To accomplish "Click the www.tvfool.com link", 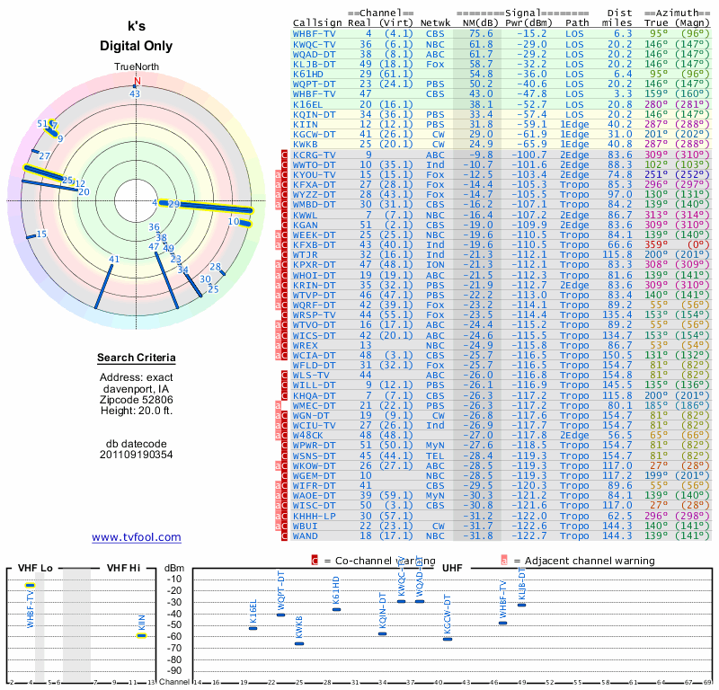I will pyautogui.click(x=137, y=537).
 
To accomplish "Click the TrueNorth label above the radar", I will pyautogui.click(x=137, y=67).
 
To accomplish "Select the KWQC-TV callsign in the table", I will pyautogui.click(x=315, y=44).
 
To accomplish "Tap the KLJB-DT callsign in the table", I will pyautogui.click(x=315, y=65).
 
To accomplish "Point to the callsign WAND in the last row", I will pyautogui.click(x=306, y=535).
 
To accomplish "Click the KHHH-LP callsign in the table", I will pyautogui.click(x=315, y=516).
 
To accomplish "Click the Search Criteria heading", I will pyautogui.click(x=137, y=358).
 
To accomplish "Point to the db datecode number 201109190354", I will pyautogui.click(x=137, y=454).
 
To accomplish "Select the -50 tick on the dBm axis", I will pyautogui.click(x=174, y=624).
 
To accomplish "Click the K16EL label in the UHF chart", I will pyautogui.click(x=253, y=611).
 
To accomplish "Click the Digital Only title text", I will pyautogui.click(x=137, y=47).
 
